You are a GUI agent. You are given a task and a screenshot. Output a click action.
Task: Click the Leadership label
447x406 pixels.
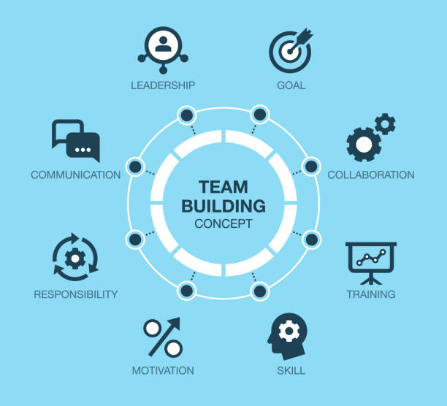(x=163, y=85)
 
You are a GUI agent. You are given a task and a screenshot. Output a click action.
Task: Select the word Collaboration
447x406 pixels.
(x=370, y=175)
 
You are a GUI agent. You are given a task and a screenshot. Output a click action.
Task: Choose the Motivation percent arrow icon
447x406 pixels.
(x=163, y=337)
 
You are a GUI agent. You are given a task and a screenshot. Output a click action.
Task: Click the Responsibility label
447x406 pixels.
(x=75, y=294)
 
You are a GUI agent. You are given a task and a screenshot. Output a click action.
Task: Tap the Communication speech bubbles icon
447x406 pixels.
(x=76, y=140)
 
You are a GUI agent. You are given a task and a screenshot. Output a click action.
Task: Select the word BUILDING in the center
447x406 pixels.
(x=223, y=206)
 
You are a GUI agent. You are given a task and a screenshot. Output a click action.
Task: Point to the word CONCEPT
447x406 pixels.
(x=223, y=224)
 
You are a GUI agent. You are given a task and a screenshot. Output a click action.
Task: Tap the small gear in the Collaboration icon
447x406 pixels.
(x=385, y=123)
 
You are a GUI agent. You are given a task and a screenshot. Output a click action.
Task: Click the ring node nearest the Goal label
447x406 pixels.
(x=259, y=115)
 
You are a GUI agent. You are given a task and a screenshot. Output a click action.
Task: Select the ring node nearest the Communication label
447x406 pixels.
(x=135, y=166)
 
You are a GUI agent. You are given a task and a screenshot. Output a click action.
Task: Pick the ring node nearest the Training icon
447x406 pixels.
(x=311, y=239)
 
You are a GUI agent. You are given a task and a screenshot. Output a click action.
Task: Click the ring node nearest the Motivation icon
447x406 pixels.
(x=187, y=291)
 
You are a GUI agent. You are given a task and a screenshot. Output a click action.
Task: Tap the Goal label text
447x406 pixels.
(x=291, y=85)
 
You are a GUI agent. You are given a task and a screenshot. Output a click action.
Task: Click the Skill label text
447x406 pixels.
(x=291, y=370)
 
